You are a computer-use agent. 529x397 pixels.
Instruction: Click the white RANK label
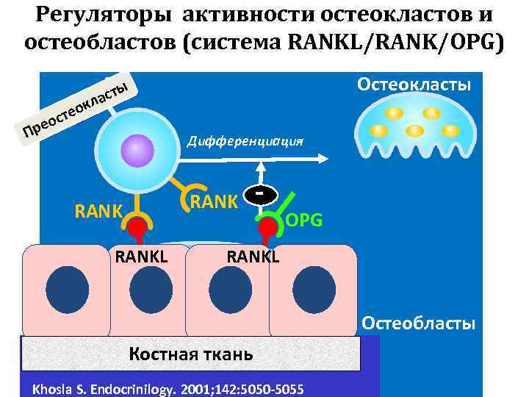click(x=213, y=201)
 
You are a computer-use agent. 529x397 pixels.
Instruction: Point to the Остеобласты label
click(x=419, y=323)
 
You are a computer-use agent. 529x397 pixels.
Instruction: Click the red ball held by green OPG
click(x=268, y=227)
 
